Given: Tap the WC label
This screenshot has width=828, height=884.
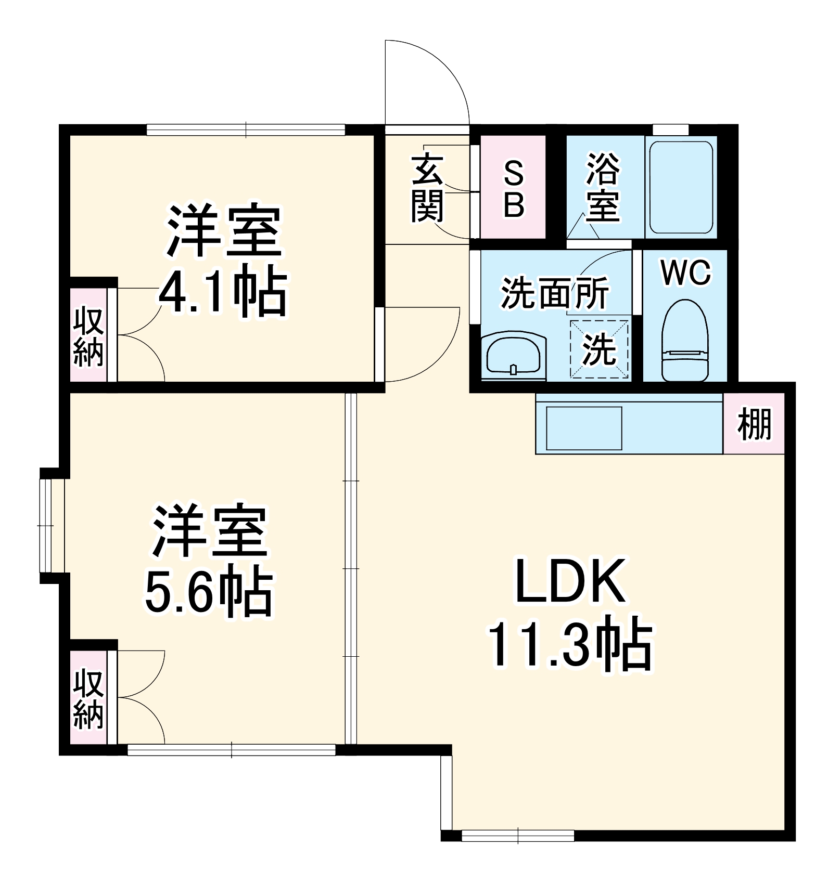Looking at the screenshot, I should pos(685,272).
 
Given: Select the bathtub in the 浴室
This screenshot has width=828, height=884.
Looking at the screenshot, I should pos(679,187).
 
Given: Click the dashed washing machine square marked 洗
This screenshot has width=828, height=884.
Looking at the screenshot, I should pos(599,349).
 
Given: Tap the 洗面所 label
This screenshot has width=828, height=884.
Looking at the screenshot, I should pos(554,294).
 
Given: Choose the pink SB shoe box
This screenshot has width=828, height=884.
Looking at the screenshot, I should pos(513,187).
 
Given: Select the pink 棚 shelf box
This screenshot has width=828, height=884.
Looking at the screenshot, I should pos(754,424).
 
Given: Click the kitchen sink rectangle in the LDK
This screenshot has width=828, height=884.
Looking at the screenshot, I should pos(584,428).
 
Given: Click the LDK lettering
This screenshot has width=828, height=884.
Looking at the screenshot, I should pos(570,581).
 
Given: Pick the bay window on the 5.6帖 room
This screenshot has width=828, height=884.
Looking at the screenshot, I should pos(52,525).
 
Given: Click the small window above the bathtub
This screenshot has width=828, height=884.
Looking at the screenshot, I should pos(670,129).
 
